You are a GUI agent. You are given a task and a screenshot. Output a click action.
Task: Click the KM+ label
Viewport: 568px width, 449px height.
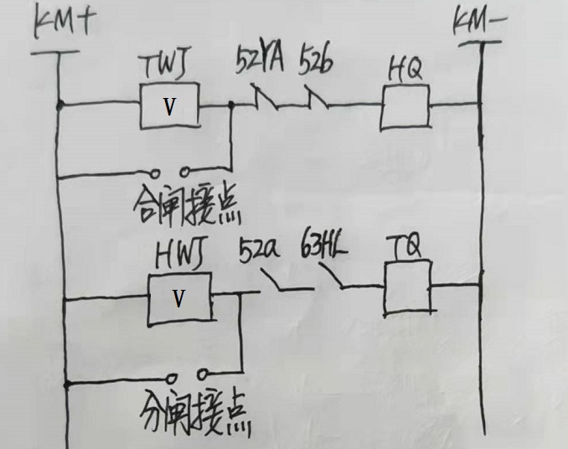[x=63, y=24]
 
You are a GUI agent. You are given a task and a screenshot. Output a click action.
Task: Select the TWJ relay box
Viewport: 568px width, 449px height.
[x=171, y=106]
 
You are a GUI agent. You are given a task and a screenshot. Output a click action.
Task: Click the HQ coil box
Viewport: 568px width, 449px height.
[x=405, y=107]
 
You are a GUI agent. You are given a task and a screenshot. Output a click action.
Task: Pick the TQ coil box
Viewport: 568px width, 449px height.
[x=409, y=286]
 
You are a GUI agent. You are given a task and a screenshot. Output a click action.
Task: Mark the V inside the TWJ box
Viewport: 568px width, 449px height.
[x=171, y=107]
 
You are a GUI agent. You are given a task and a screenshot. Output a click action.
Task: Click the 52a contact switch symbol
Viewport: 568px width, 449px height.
[x=281, y=285]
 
